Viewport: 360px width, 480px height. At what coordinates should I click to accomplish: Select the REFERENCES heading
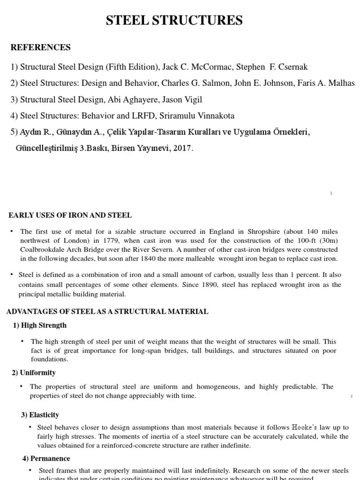click(x=40, y=47)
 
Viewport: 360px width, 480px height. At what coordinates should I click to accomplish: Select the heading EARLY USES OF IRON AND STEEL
click(x=70, y=215)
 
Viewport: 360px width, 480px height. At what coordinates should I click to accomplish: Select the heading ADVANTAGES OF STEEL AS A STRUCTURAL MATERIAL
click(x=107, y=311)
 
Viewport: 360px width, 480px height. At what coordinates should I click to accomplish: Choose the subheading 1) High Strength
click(x=40, y=325)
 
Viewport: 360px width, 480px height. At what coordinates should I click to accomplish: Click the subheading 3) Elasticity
click(x=40, y=415)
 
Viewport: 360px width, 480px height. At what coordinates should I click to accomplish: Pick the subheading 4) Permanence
click(x=46, y=458)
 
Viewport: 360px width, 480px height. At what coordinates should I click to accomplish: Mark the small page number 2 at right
click(x=351, y=397)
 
